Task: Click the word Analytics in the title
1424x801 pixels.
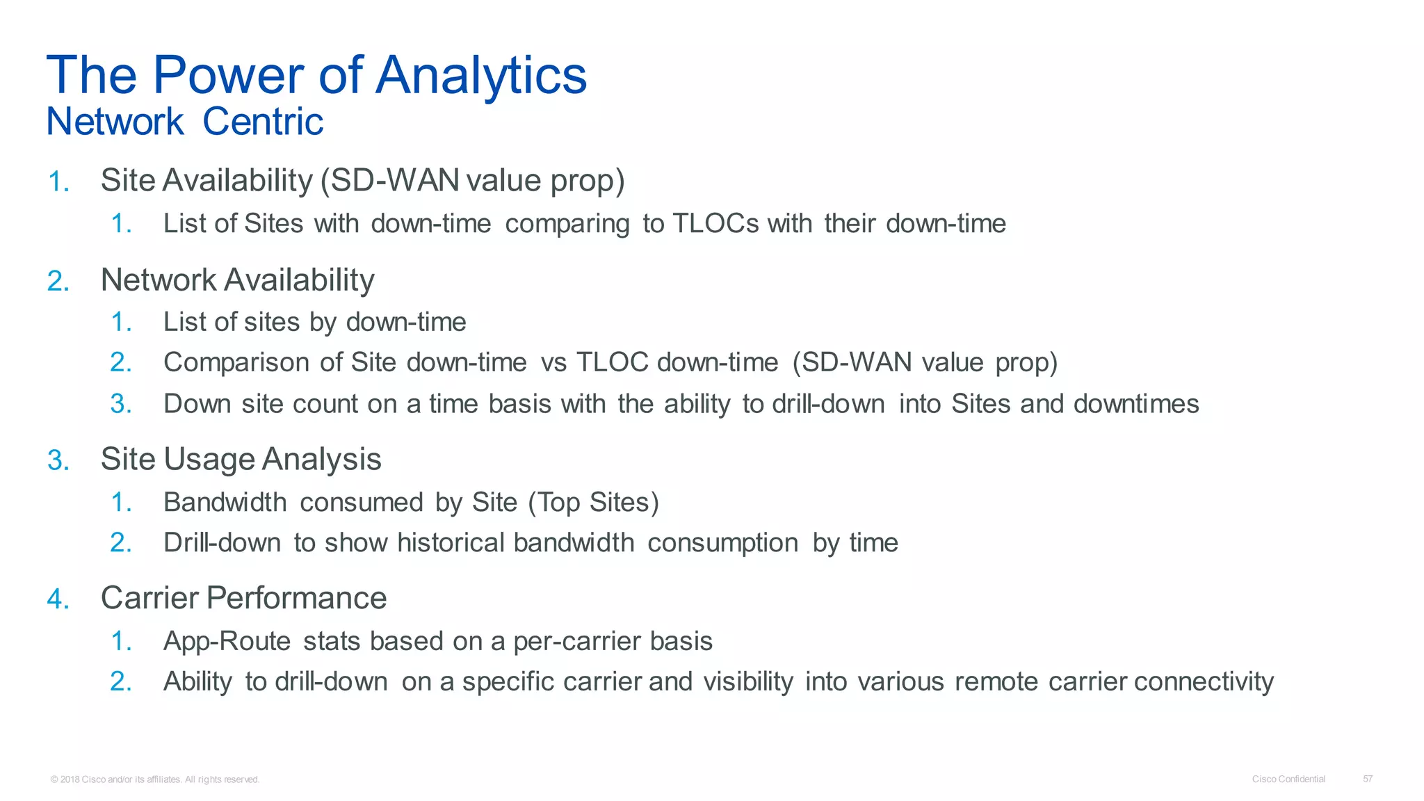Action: pyautogui.click(x=481, y=75)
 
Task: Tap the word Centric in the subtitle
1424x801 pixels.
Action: pyautogui.click(x=263, y=122)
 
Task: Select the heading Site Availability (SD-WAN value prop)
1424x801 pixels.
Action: pyautogui.click(x=362, y=181)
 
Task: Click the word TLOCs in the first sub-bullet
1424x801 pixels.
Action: pyautogui.click(x=715, y=224)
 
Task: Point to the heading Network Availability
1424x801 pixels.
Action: pyautogui.click(x=237, y=280)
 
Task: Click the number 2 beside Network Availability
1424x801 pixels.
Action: pyautogui.click(x=58, y=282)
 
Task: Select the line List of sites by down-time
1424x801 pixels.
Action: pyautogui.click(x=314, y=322)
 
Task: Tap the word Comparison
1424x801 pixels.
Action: pyautogui.click(x=236, y=363)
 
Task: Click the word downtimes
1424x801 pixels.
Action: pyautogui.click(x=1136, y=404)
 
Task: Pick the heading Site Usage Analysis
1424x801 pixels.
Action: pyautogui.click(x=241, y=460)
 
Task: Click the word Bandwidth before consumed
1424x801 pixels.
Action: pyautogui.click(x=225, y=502)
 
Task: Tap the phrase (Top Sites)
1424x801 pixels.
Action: pyautogui.click(x=593, y=502)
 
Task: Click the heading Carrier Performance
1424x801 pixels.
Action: pyautogui.click(x=243, y=598)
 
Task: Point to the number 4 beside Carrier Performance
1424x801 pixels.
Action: pyautogui.click(x=58, y=599)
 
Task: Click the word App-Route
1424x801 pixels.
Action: pyautogui.click(x=227, y=641)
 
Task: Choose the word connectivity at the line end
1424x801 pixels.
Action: pyautogui.click(x=1204, y=681)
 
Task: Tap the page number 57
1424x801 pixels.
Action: pyautogui.click(x=1368, y=779)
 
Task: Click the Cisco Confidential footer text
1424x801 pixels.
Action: pyautogui.click(x=1288, y=779)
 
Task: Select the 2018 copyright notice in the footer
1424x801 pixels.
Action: pyautogui.click(x=155, y=779)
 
